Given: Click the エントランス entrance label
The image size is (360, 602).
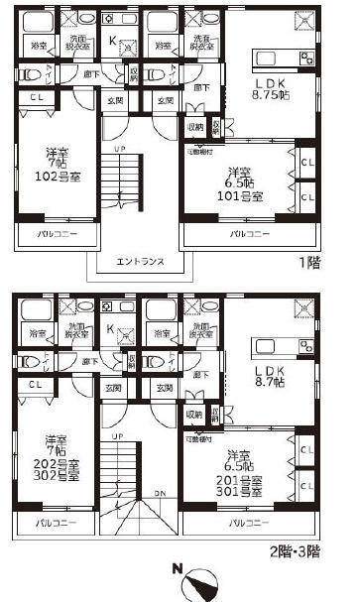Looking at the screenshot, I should pyautogui.click(x=139, y=262).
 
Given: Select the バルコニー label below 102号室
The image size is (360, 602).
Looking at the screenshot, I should pyautogui.click(x=52, y=234).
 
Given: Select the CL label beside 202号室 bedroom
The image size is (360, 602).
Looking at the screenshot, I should pyautogui.click(x=36, y=383).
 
